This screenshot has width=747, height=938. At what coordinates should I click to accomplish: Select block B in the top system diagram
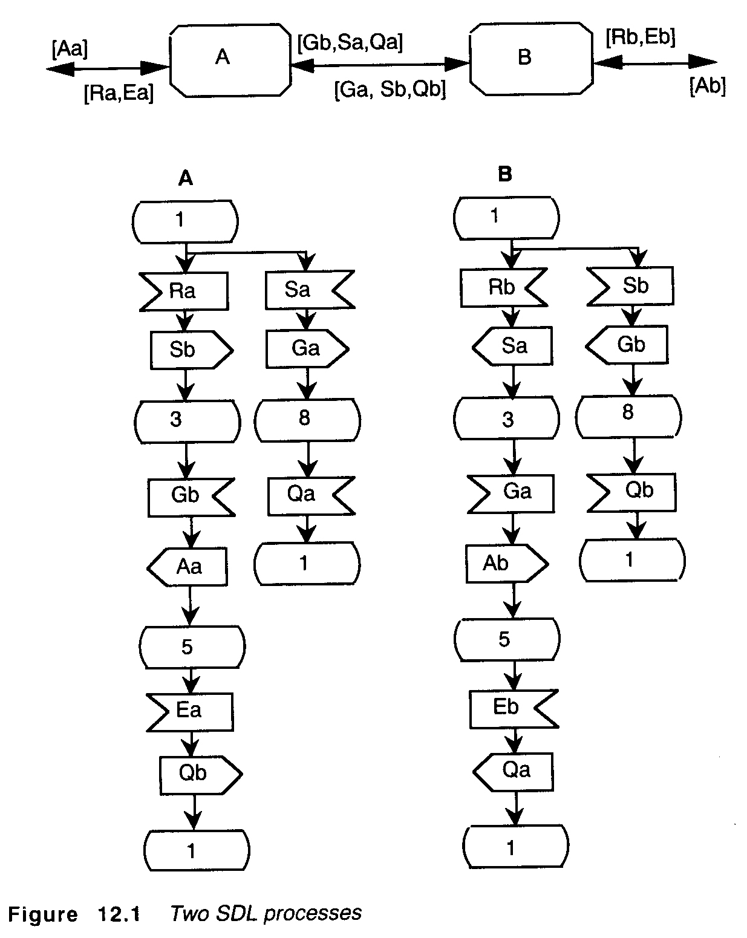tap(530, 58)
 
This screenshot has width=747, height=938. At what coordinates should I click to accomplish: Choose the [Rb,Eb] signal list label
tap(641, 37)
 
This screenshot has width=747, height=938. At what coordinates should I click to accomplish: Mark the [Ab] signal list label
tap(707, 86)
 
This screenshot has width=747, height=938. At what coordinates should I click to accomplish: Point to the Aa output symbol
tap(188, 567)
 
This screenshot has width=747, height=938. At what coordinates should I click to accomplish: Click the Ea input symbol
tap(190, 710)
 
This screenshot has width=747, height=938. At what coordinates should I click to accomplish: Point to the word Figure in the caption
tap(43, 914)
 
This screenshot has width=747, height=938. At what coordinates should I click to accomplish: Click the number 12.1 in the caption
tap(117, 914)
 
